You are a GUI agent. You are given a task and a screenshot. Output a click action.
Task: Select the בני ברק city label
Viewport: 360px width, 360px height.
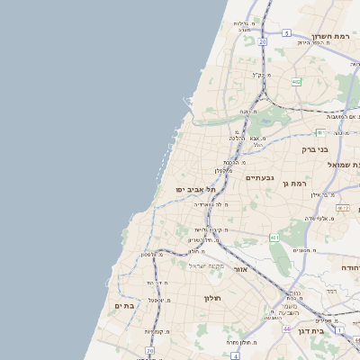click(x=337, y=140)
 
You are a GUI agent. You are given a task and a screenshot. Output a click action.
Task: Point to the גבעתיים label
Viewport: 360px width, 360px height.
click(x=263, y=178)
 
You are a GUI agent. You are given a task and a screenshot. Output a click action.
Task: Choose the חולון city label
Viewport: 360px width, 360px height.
click(x=212, y=298)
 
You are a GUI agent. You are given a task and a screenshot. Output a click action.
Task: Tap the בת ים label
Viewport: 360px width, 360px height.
click(x=124, y=306)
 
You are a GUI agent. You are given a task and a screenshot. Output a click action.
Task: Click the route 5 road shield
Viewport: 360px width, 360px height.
click(x=286, y=32)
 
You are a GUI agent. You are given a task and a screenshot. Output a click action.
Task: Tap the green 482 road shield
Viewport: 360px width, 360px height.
click(x=296, y=82)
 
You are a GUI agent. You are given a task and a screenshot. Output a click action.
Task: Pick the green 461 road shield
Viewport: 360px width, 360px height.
click(x=274, y=238)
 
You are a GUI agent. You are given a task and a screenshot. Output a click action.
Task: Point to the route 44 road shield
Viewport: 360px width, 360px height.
click(x=285, y=329)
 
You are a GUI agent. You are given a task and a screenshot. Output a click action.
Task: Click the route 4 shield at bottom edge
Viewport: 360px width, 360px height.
click(x=235, y=355)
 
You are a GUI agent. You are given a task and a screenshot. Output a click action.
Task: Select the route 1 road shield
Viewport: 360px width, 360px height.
click(x=339, y=330)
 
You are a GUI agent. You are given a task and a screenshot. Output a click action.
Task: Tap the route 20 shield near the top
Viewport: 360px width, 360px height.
click(x=262, y=41)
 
